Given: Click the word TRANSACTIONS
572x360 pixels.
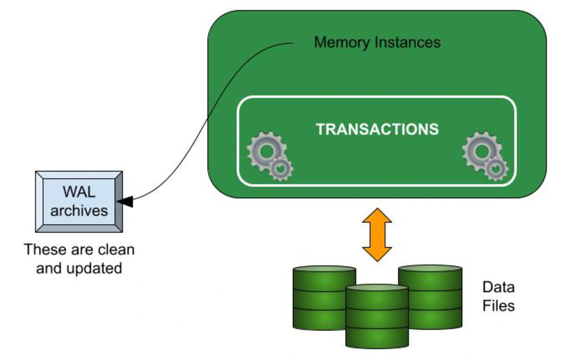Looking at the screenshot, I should [377, 129].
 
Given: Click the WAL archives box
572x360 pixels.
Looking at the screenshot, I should [79, 201].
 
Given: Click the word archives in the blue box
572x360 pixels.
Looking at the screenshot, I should [79, 211].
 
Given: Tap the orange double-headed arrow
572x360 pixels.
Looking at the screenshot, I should [377, 235].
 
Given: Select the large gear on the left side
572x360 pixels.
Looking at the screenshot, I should [265, 151].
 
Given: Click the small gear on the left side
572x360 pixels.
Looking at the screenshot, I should [281, 169].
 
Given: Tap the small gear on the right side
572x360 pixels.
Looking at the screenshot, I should [496, 169].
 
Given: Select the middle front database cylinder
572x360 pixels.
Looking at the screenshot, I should [377, 316].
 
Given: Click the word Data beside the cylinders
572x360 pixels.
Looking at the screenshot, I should [498, 288].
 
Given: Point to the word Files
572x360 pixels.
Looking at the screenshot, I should [498, 306].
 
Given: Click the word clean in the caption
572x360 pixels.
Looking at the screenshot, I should [116, 250].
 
